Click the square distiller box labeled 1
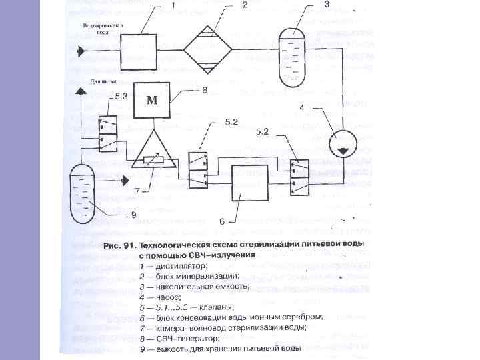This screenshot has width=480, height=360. tap(138, 51)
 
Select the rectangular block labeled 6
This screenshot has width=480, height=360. tap(249, 182)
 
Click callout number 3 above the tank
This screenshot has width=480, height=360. tap(326, 4)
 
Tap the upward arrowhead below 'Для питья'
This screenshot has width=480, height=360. tap(81, 93)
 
